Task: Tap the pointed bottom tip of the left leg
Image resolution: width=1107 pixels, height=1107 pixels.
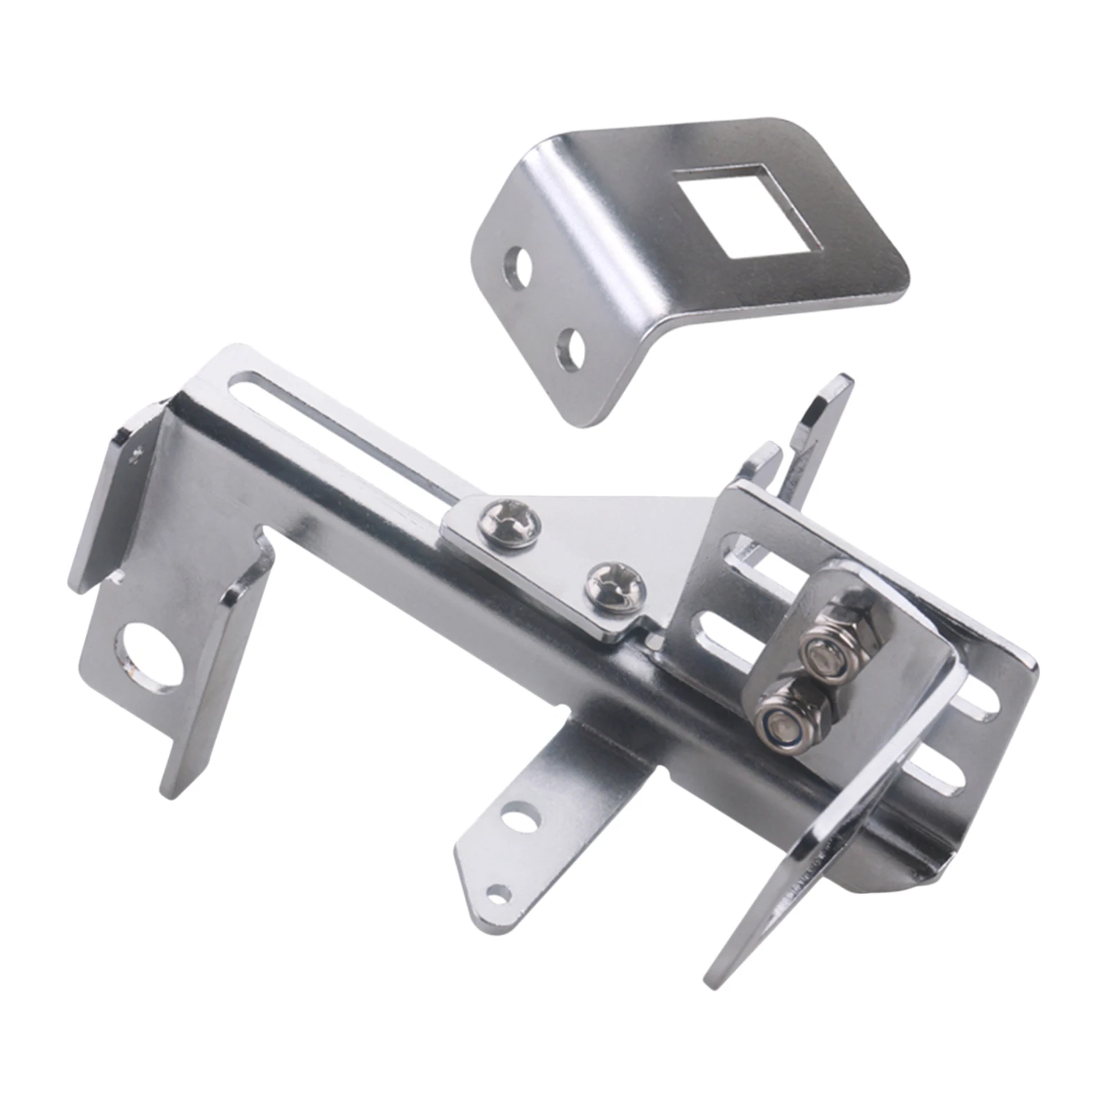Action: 170,789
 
